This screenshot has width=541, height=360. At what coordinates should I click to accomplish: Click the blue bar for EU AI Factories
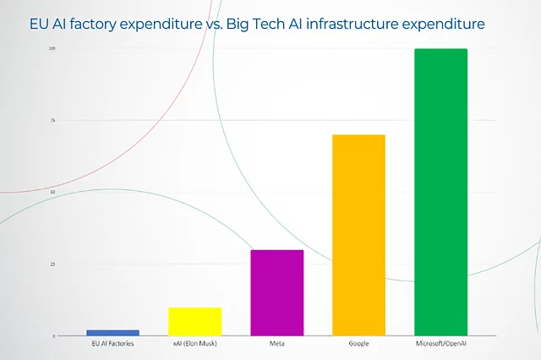[112, 332]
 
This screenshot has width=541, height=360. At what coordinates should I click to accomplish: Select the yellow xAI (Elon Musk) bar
[194, 321]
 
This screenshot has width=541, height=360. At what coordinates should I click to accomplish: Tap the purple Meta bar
[276, 292]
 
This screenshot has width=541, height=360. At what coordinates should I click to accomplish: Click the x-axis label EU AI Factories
[112, 344]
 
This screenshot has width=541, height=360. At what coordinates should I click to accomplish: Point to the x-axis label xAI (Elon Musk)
[194, 344]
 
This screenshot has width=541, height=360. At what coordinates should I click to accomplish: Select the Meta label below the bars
[276, 344]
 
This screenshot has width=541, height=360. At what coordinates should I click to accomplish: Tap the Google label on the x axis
[358, 344]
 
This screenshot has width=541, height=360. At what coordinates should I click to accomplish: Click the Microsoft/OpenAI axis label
[440, 344]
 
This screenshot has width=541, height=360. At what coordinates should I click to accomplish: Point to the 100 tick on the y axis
[52, 48]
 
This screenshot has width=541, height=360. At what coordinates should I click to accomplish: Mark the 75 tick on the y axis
[52, 120]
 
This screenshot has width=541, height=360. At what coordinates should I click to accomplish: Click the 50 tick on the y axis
[52, 192]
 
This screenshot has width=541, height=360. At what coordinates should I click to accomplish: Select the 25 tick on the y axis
[52, 264]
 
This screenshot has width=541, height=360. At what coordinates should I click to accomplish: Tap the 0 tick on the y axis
[53, 335]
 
